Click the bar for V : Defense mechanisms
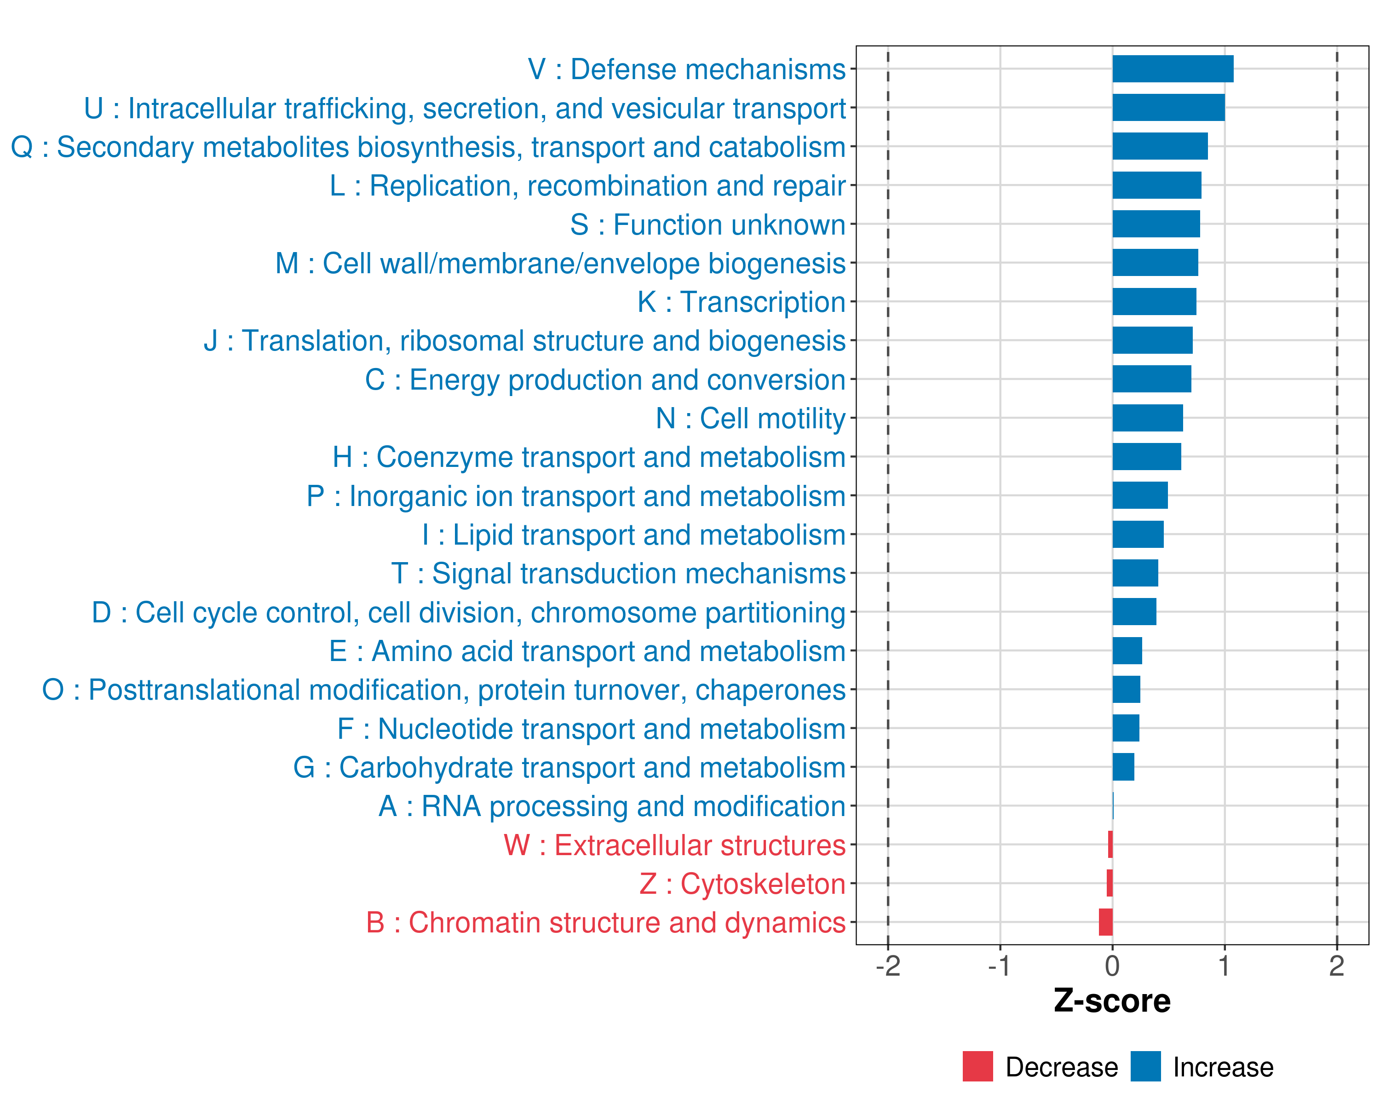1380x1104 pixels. (x=1173, y=69)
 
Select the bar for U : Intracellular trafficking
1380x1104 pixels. (x=1168, y=108)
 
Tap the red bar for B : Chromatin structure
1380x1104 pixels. (x=1105, y=922)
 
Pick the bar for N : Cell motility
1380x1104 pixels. (x=1147, y=418)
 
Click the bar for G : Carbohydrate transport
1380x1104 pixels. (x=1123, y=767)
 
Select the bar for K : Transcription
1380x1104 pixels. (x=1154, y=301)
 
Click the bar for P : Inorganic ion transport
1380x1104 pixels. (x=1140, y=495)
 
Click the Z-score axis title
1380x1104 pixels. (x=1112, y=1001)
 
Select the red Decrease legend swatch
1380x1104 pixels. (x=977, y=1066)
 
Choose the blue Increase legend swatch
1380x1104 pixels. (x=1145, y=1066)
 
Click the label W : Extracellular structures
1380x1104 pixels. (x=675, y=845)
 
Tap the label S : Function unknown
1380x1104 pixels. (x=708, y=224)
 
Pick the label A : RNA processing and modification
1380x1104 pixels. (x=612, y=806)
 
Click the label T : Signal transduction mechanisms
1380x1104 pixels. (x=618, y=574)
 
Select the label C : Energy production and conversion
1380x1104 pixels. (x=605, y=379)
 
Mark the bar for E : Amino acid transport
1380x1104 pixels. (x=1127, y=651)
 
